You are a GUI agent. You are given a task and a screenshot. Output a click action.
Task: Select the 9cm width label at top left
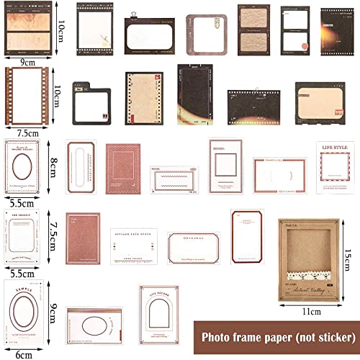coord(29,62)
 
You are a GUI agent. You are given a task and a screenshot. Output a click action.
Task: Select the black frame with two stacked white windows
coord(294,32)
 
